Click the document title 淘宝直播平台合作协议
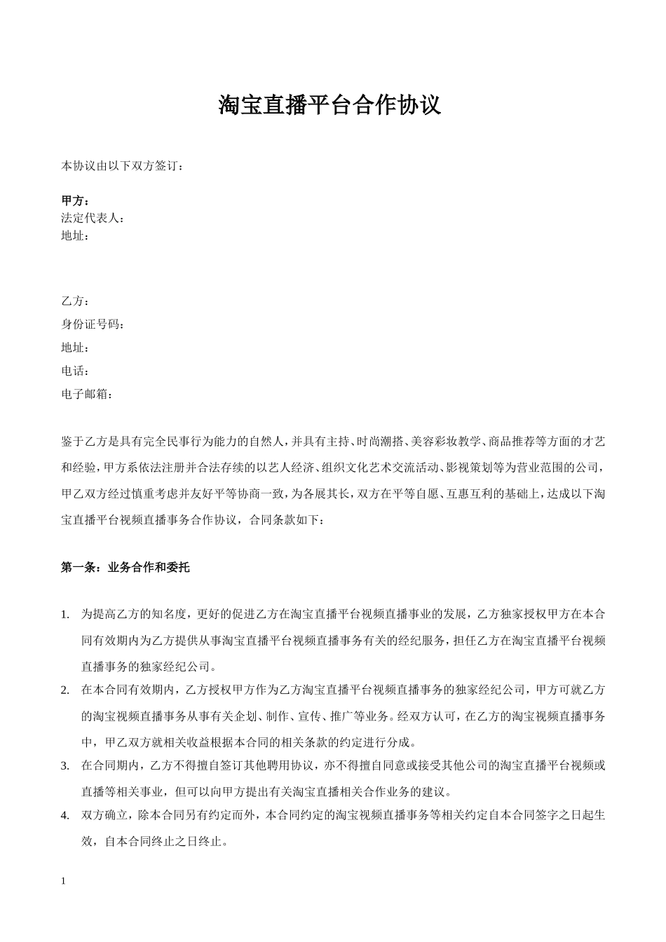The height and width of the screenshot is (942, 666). coord(329,105)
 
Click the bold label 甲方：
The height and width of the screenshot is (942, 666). coord(76,202)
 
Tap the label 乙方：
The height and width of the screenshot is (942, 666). coord(76,301)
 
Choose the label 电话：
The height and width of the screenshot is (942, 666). coord(76,371)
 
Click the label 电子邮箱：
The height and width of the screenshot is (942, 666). coord(88,394)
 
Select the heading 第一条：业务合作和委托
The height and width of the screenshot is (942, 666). coord(125,568)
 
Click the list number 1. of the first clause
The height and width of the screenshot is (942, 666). coord(65,615)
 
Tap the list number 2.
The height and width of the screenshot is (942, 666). coord(65,690)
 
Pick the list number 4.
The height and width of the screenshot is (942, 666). coord(65,816)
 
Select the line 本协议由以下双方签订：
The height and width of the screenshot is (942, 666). coord(123,167)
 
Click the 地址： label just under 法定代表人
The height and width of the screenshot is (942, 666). coord(76,236)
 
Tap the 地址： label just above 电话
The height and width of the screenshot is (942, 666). coord(76,348)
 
